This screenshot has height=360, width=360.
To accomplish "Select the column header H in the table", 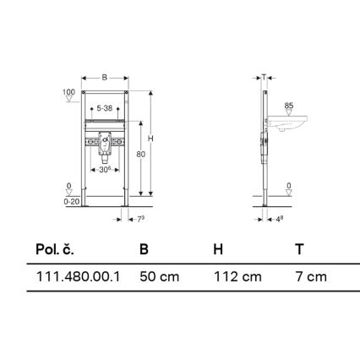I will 218,249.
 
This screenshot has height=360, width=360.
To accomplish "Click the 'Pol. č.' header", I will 55,249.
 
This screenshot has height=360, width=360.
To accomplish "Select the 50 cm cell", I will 159,276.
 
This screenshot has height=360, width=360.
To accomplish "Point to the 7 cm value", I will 310,276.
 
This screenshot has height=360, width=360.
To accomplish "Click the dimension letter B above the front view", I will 104,77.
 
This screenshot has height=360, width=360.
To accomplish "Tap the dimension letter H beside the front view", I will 150,138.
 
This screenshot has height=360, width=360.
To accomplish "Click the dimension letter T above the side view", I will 265,77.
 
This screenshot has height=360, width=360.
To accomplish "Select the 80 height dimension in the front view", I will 140,154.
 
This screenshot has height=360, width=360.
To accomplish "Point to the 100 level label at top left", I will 69,91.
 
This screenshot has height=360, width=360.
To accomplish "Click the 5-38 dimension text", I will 105,108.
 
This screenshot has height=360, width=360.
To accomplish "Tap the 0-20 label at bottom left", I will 72,202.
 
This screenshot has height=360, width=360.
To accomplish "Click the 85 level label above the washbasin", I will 288,106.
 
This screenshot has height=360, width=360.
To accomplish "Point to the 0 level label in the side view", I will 288,185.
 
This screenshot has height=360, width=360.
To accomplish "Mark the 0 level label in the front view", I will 69,187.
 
